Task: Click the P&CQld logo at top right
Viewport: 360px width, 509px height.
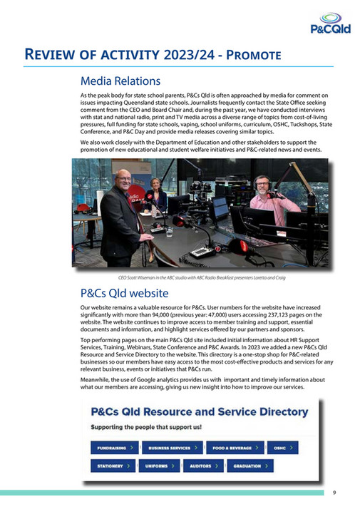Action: (x=329, y=22)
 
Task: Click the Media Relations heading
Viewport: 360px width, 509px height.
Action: (x=120, y=81)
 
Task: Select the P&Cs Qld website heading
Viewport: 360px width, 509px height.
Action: (x=124, y=293)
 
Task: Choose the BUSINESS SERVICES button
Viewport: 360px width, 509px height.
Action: (x=173, y=448)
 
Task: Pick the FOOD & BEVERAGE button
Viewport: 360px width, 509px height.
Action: (x=234, y=448)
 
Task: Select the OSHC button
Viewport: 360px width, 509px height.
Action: (x=282, y=448)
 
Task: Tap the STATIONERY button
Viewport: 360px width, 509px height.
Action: (x=113, y=466)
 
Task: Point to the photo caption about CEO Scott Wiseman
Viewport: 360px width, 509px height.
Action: (x=201, y=278)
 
